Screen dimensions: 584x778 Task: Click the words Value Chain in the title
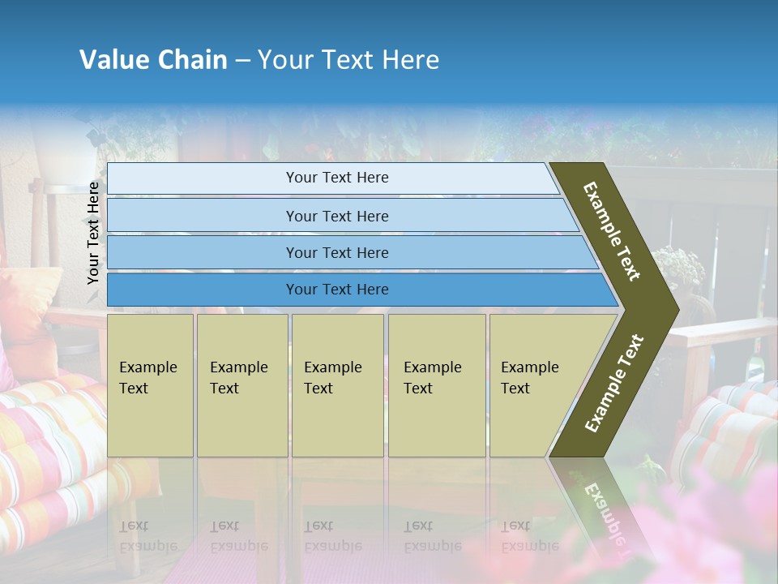153,60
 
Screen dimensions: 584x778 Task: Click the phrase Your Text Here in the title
348,60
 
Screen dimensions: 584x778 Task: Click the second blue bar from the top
336,216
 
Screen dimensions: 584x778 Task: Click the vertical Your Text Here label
93,233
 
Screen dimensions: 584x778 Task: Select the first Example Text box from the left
150,385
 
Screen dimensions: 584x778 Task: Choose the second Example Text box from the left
242,385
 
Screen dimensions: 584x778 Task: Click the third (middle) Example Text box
337,385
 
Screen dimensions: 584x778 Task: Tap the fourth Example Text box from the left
436,385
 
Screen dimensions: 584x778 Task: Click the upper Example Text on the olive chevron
612,231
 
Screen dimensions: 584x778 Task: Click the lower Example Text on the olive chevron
613,384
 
